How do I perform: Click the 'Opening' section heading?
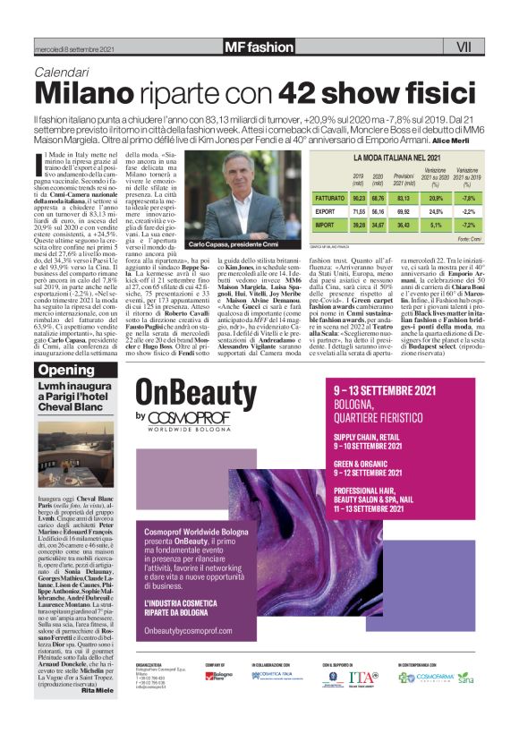[66, 371]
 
